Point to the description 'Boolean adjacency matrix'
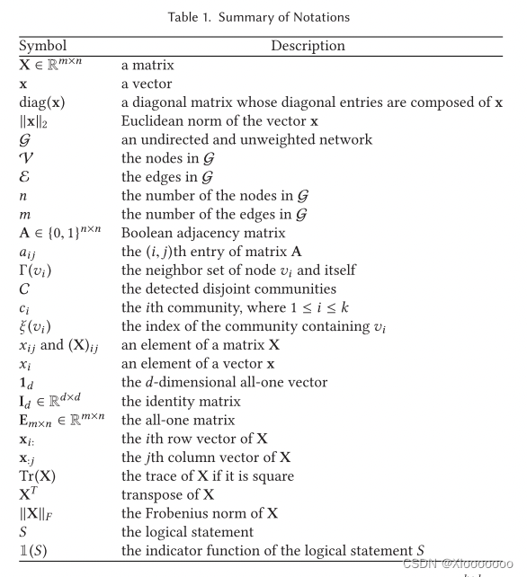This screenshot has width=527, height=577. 197,236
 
